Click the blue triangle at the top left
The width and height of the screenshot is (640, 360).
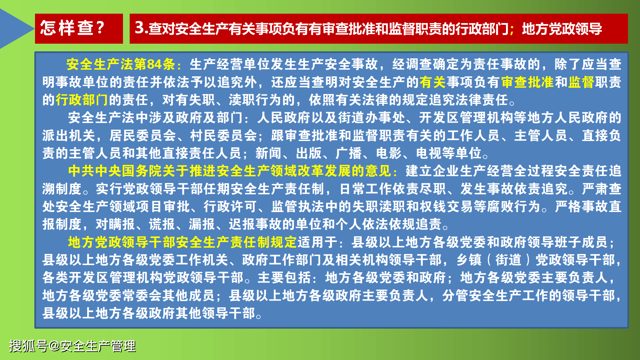tap(13, 29)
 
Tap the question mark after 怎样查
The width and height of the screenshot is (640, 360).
tap(100, 28)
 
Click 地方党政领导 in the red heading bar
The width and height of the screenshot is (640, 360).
tap(562, 29)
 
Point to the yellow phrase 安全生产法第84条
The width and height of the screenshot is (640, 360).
tap(121, 64)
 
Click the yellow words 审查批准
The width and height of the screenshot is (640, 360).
tap(527, 82)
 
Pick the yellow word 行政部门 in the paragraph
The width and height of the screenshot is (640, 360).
tap(82, 100)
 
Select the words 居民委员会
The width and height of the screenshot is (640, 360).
tap(143, 136)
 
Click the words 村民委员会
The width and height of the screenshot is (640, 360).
tap(223, 136)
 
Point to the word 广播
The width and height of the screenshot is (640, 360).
tap(349, 153)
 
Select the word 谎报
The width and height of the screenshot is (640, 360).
tap(162, 224)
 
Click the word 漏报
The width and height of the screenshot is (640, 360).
tap(202, 224)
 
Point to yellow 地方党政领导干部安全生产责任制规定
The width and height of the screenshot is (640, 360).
tap(182, 242)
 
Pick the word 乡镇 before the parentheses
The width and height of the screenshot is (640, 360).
tap(469, 260)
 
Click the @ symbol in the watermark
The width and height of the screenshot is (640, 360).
tap(54, 346)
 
